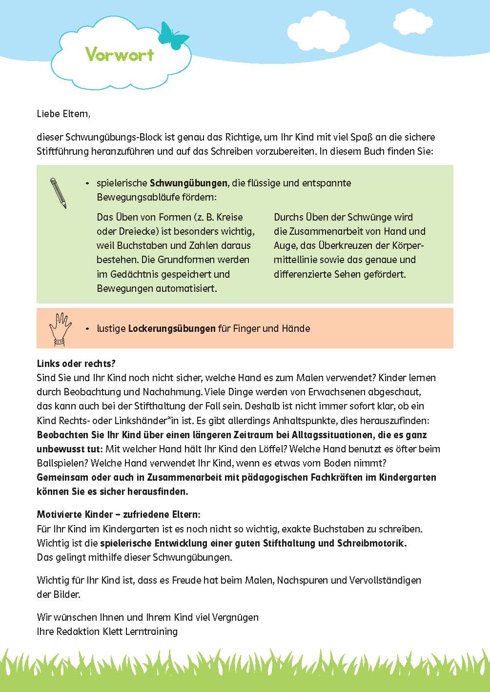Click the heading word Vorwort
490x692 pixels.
pyautogui.click(x=120, y=54)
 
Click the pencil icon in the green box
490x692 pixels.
pyautogui.click(x=58, y=193)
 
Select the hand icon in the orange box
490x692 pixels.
pyautogui.click(x=60, y=328)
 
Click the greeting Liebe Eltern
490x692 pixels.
pyautogui.click(x=63, y=114)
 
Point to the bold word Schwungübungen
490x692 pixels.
pyautogui.click(x=188, y=183)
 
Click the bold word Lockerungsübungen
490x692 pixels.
pyautogui.click(x=172, y=328)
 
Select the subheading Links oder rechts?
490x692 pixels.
pyautogui.click(x=76, y=364)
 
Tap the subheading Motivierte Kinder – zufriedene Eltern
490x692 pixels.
pyautogui.click(x=119, y=514)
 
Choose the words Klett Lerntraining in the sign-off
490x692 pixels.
pyautogui.click(x=140, y=631)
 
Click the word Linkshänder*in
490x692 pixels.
pyautogui.click(x=146, y=420)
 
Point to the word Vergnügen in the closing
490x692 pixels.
pyautogui.click(x=235, y=617)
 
